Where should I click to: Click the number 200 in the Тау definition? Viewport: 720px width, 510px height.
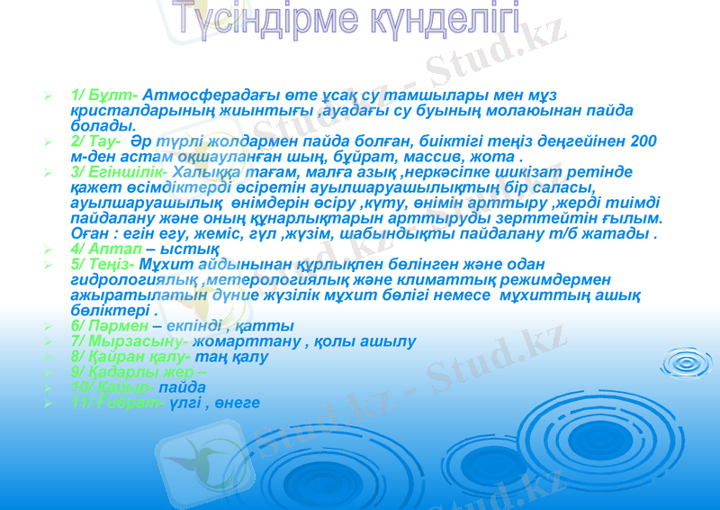[x=643, y=141]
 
